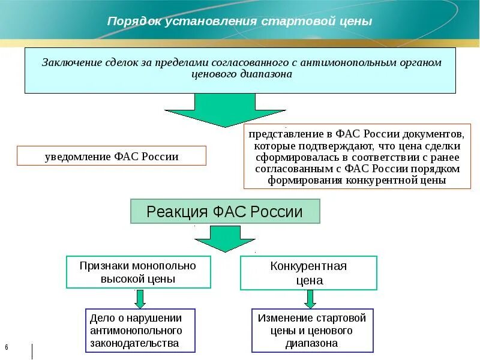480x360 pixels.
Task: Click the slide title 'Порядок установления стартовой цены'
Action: (x=239, y=21)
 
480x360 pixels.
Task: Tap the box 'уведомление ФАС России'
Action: (x=112, y=157)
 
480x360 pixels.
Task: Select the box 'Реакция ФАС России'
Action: (x=225, y=211)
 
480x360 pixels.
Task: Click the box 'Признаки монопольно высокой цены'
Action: (x=138, y=272)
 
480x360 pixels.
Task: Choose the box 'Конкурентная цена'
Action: (x=308, y=273)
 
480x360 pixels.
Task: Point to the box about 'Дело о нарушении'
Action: (x=140, y=330)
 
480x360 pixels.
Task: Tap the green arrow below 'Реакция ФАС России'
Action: (x=224, y=238)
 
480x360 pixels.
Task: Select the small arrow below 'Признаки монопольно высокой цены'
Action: (x=139, y=298)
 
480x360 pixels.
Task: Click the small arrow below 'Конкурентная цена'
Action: (x=310, y=298)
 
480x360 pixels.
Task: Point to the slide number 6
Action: (x=7, y=348)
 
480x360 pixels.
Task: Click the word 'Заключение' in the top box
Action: (x=67, y=63)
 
